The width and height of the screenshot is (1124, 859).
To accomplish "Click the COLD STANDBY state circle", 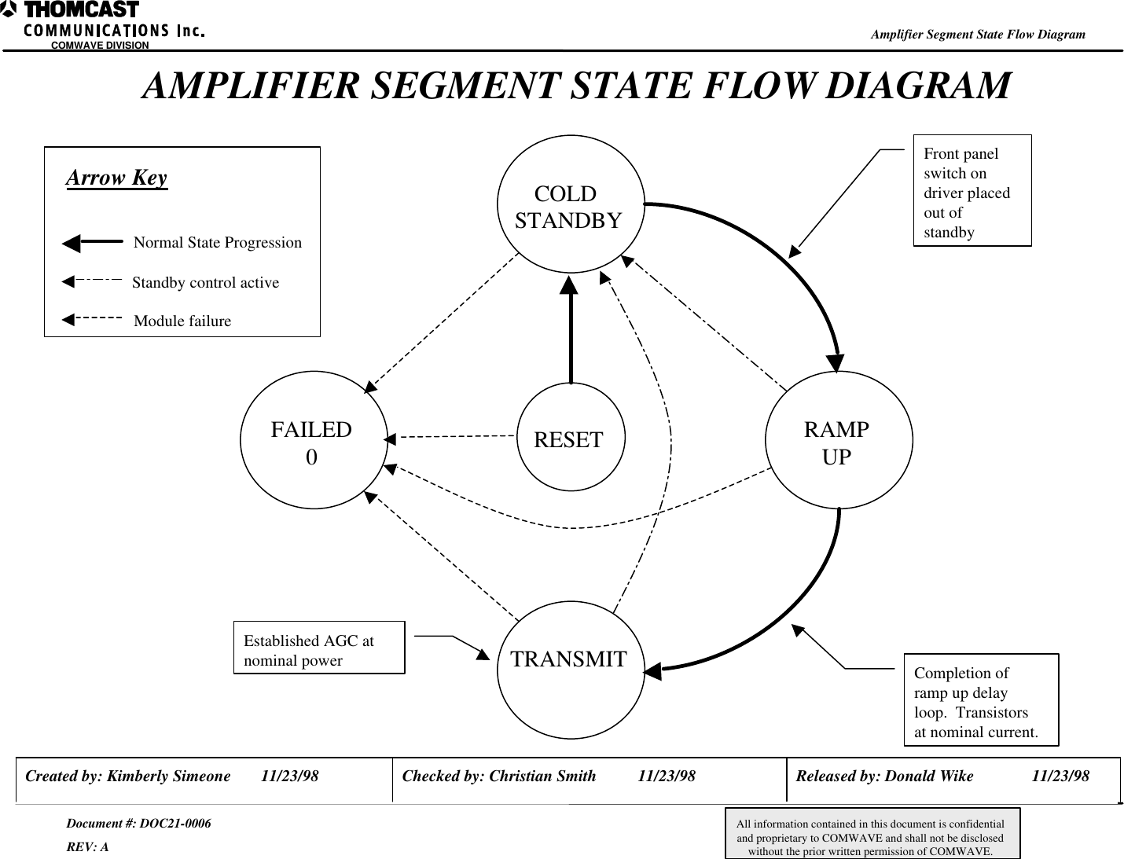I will (570, 206).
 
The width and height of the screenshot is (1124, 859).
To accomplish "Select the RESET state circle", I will (570, 438).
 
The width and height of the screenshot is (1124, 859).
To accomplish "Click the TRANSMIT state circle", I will (571, 670).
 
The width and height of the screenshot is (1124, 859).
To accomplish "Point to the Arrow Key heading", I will (116, 178).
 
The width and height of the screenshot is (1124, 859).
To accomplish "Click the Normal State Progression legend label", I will (218, 242).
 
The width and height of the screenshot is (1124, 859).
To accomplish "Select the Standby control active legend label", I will (205, 282).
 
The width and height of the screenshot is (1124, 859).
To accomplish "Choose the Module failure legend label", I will (182, 321).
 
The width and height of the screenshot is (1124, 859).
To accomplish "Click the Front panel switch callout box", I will (972, 191).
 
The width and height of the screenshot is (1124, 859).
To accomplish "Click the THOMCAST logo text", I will (80, 10).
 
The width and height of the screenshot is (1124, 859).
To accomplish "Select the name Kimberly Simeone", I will (169, 776).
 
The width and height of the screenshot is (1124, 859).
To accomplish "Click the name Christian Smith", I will (542, 776).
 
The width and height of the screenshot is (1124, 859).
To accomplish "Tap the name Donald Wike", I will (929, 776).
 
